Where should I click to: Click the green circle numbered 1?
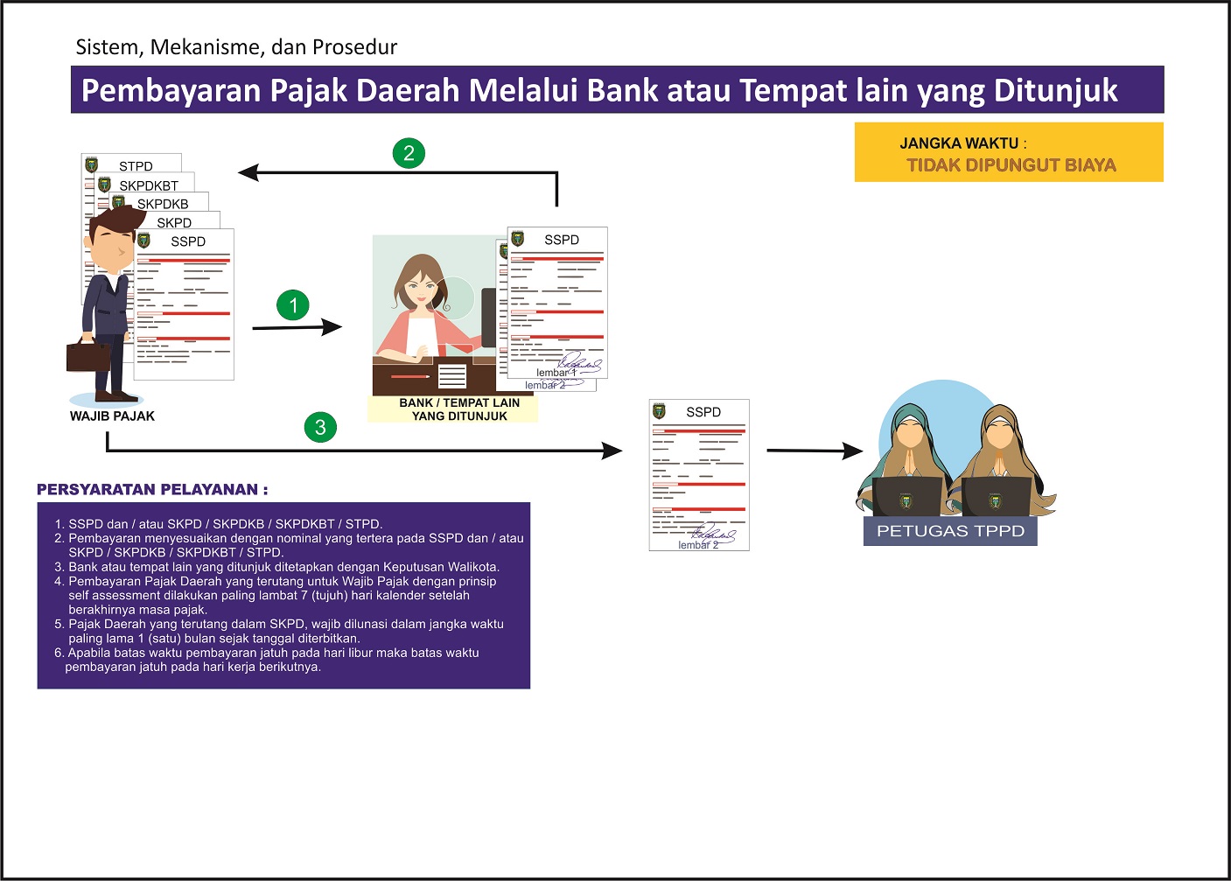tap(293, 305)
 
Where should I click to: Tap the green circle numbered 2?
tap(409, 153)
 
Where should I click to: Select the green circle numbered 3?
tap(320, 427)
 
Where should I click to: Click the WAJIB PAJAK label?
tap(112, 416)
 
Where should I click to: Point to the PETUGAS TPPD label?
tap(950, 531)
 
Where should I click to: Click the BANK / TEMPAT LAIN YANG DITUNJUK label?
tap(459, 409)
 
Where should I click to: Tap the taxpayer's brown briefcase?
tap(88, 354)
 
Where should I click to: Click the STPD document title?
tap(136, 166)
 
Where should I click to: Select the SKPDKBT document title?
tap(149, 185)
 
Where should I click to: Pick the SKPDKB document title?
tap(163, 204)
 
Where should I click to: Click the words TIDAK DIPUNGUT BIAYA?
tap(1011, 165)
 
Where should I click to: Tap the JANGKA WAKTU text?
tap(959, 143)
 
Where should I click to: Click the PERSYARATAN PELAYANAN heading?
tap(152, 490)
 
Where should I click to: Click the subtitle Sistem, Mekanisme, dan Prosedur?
tap(236, 47)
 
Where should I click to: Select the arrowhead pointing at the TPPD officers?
tap(852, 451)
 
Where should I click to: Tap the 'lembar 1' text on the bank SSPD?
tap(553, 373)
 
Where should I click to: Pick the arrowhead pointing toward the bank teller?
tap(332, 327)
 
